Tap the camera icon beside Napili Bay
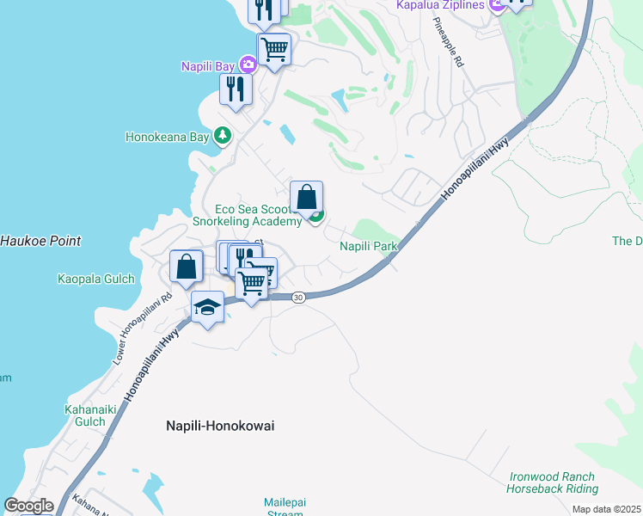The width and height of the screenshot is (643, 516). pyautogui.click(x=248, y=64)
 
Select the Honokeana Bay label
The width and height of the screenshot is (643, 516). pyautogui.click(x=168, y=136)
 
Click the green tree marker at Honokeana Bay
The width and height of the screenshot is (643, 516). pyautogui.click(x=223, y=135)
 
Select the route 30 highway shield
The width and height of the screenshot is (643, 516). pyautogui.click(x=297, y=297)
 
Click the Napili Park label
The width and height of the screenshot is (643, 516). pyautogui.click(x=369, y=246)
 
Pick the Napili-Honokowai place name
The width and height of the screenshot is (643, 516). pyautogui.click(x=220, y=425)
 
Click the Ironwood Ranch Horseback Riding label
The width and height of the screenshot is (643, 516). pyautogui.click(x=553, y=482)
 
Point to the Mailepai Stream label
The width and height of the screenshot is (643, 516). pyautogui.click(x=283, y=507)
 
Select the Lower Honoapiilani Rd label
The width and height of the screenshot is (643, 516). pyautogui.click(x=143, y=331)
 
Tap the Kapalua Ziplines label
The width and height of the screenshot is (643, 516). pyautogui.click(x=441, y=5)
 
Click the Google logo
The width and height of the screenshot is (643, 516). pyautogui.click(x=29, y=506)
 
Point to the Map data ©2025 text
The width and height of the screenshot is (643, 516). pyautogui.click(x=606, y=509)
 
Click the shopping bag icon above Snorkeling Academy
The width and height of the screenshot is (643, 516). pyautogui.click(x=306, y=197)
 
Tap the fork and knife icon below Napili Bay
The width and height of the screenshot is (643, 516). pyautogui.click(x=235, y=88)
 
